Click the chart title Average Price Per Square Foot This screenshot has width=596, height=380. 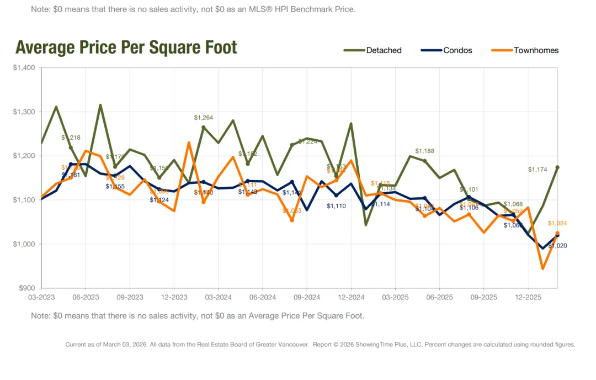[126, 47]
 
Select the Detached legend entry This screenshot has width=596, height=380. [384, 50]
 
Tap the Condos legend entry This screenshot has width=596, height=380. [457, 50]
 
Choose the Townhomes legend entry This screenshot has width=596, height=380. [536, 50]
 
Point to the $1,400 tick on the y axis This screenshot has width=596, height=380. [24, 68]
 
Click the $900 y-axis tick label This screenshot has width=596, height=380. [26, 288]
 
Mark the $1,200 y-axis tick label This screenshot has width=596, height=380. [24, 156]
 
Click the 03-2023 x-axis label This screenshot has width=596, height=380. [41, 297]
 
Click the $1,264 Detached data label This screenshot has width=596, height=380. [203, 118]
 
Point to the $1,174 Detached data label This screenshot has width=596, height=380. [538, 170]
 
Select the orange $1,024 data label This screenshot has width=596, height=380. [557, 224]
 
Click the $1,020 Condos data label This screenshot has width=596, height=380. [557, 245]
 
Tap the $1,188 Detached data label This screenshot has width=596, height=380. [424, 151]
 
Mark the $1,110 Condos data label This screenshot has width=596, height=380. [336, 206]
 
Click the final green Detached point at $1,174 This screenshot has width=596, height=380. [557, 167]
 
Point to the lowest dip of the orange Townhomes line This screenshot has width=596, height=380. [543, 268]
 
